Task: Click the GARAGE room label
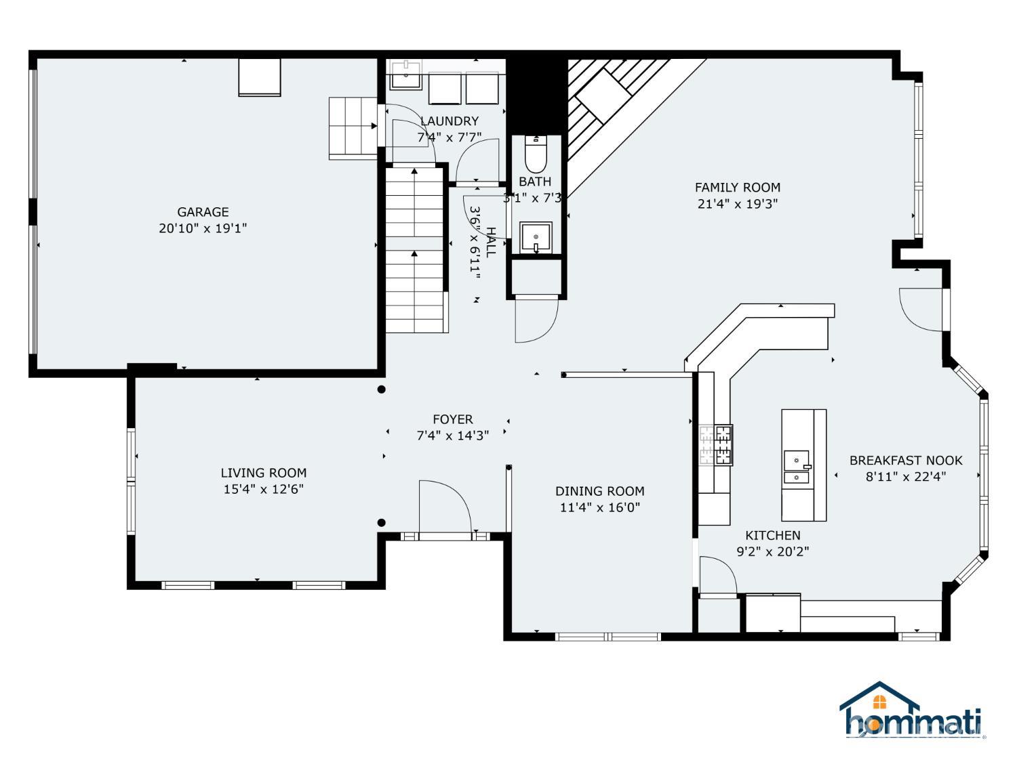[x=203, y=212]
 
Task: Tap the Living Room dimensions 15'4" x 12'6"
[x=263, y=489]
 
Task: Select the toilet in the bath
[x=536, y=154]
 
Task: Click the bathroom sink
[x=536, y=237]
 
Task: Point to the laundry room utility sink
[x=406, y=75]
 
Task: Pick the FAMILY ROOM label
[x=737, y=188]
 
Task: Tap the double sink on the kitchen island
[x=797, y=467]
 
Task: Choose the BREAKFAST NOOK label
[x=905, y=461]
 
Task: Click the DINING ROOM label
[x=599, y=491]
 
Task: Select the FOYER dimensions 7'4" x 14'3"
[x=453, y=436]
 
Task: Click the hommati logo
[x=912, y=709]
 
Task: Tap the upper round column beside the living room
[x=381, y=389]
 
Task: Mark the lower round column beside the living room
[x=381, y=523]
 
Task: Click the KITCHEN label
[x=772, y=535]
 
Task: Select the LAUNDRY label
[x=449, y=121]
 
